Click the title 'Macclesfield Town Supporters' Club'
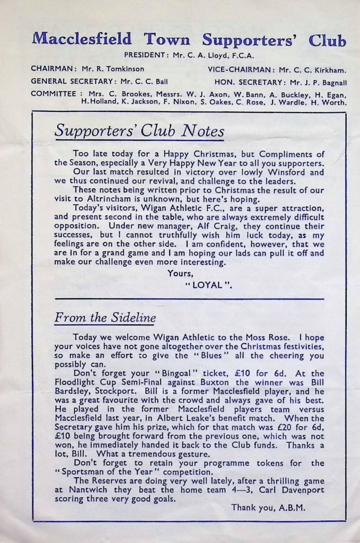tap(189, 40)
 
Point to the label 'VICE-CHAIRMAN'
tap(241, 69)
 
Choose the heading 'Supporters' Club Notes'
tap(139, 130)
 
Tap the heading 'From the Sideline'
tap(105, 318)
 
